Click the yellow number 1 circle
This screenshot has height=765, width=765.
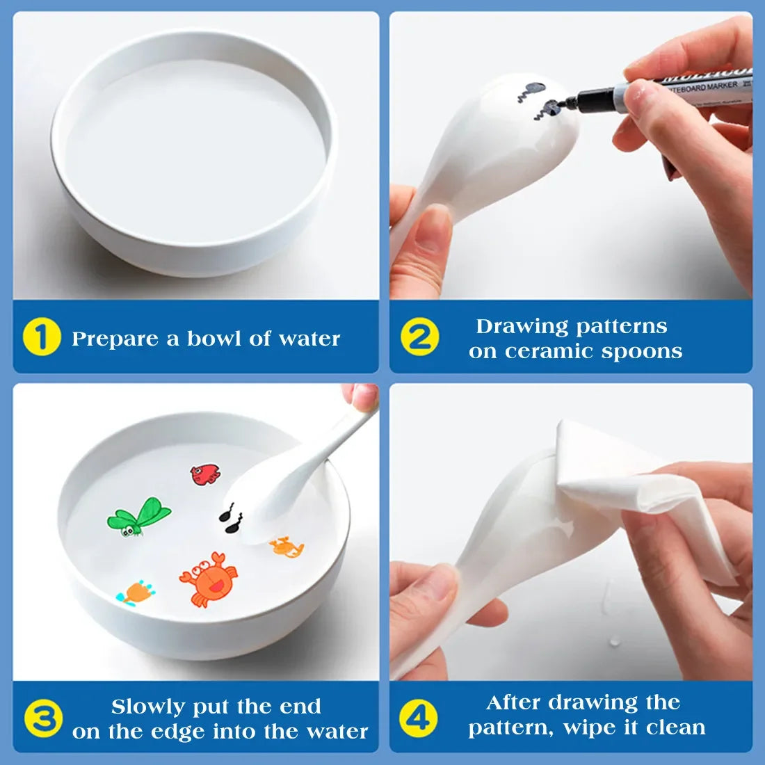(x=42, y=337)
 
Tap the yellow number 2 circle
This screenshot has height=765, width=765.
(x=419, y=337)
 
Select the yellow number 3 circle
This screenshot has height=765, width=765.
(x=43, y=718)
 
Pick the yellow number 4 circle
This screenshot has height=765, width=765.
(x=419, y=716)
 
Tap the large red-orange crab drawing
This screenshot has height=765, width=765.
(x=208, y=578)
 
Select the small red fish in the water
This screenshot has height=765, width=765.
(x=205, y=474)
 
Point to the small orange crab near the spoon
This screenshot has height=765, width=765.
(x=287, y=547)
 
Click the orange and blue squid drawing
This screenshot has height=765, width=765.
(x=136, y=593)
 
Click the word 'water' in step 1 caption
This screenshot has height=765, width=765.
(x=309, y=339)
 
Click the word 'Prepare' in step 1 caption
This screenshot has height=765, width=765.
(x=115, y=339)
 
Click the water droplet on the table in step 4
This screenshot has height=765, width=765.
(x=615, y=641)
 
